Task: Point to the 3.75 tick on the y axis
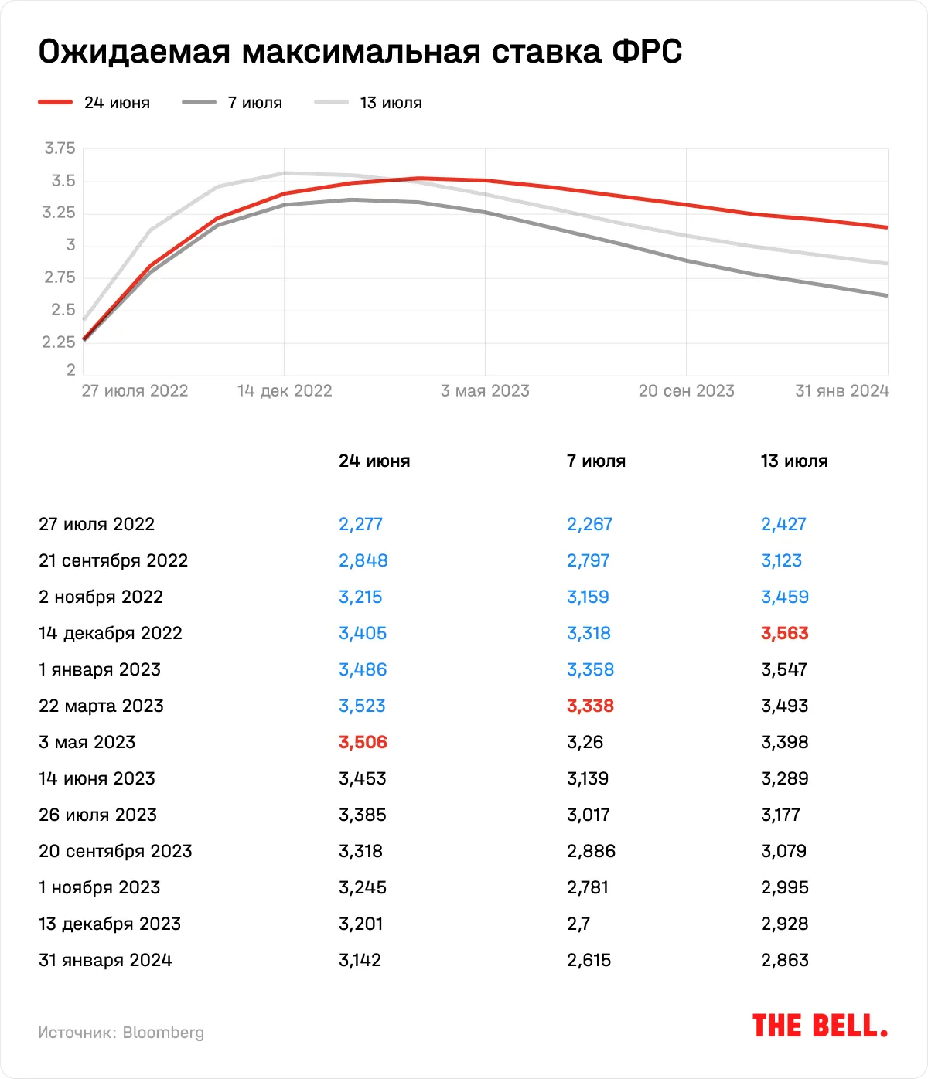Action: [x=60, y=148]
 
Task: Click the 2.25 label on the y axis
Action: [x=59, y=342]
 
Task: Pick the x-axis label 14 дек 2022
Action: [x=285, y=391]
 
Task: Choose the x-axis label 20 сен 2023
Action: [x=686, y=391]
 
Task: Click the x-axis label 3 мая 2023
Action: [x=485, y=391]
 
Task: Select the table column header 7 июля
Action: [x=595, y=461]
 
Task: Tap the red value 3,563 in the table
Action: [x=784, y=634]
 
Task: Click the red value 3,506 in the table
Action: [x=363, y=743]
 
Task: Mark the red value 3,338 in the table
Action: [x=590, y=706]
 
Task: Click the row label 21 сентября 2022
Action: [x=113, y=561]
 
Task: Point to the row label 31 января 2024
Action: [x=105, y=961]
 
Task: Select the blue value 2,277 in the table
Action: [x=360, y=525]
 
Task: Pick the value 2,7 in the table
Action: [x=578, y=924]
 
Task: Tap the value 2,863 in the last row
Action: [x=784, y=961]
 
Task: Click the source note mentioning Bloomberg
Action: [x=121, y=1033]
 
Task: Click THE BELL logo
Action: [x=820, y=1026]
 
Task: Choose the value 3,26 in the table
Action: [x=585, y=743]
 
